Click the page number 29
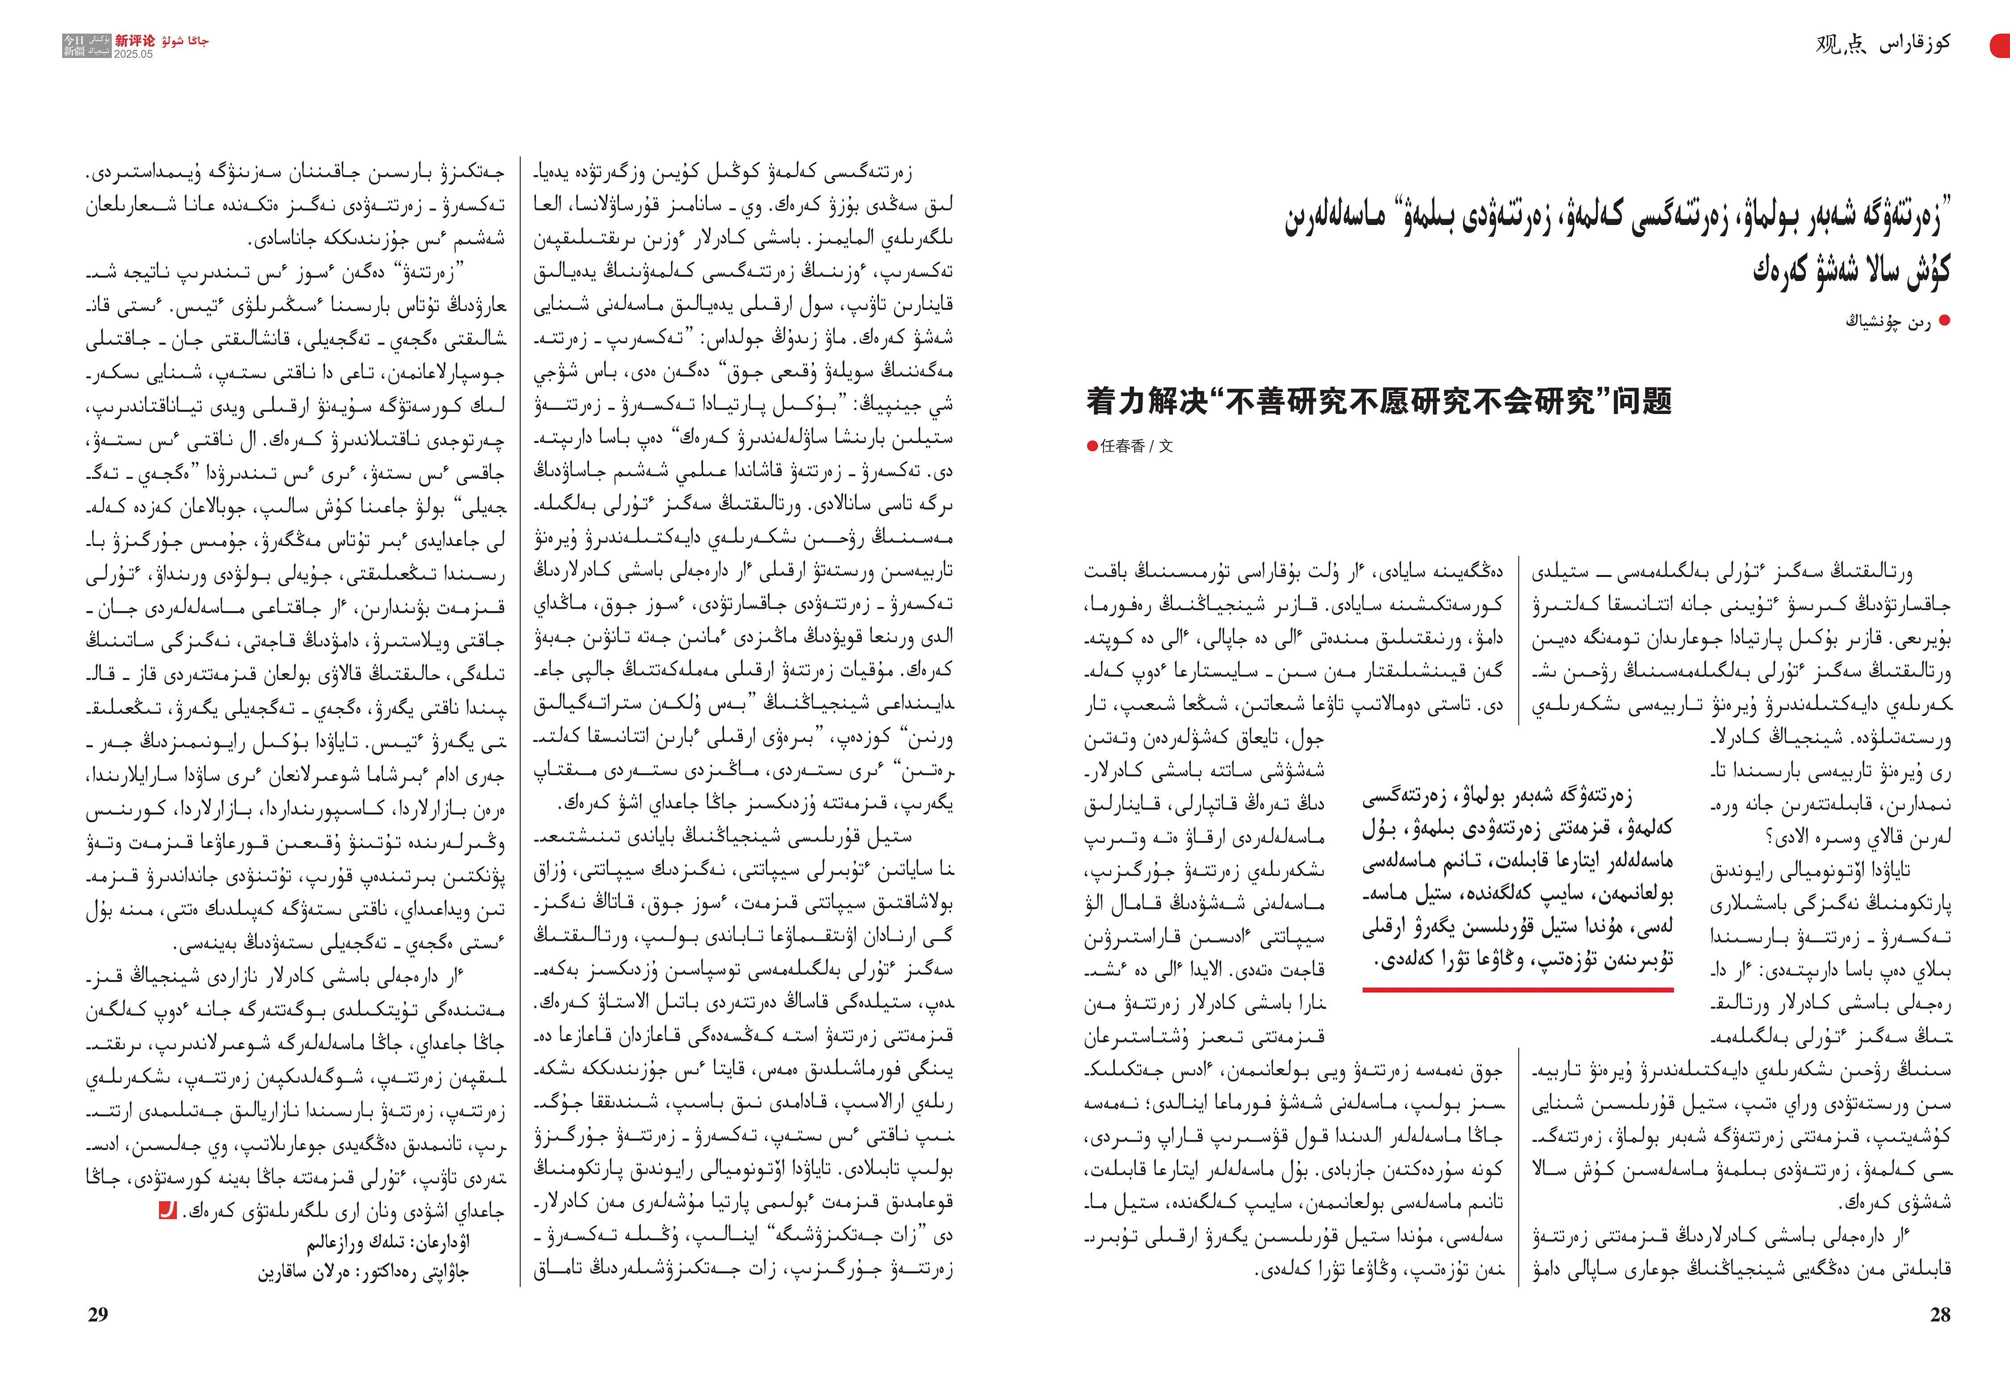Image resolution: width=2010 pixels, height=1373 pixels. [x=98, y=1314]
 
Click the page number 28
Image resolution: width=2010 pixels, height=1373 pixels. [x=1940, y=1314]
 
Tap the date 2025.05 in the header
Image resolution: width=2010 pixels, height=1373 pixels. [x=133, y=54]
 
